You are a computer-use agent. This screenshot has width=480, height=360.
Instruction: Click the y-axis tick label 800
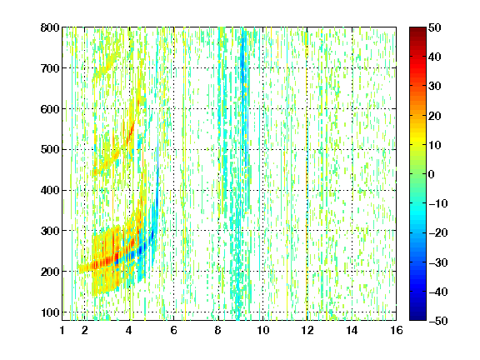point(50,27)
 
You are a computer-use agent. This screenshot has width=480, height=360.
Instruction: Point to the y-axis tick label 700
point(50,68)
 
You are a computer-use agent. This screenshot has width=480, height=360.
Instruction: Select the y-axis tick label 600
point(50,109)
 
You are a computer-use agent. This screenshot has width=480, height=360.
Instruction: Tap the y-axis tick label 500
point(50,150)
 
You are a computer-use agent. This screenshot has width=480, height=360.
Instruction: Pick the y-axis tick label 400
point(50,190)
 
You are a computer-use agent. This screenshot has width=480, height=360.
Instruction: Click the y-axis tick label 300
point(50,231)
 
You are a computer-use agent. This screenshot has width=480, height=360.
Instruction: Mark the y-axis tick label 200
point(50,272)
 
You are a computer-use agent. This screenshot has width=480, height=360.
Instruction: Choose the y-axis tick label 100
point(50,312)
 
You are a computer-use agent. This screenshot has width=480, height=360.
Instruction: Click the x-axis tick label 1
point(62,330)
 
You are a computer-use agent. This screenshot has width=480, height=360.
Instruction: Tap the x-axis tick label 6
point(173,330)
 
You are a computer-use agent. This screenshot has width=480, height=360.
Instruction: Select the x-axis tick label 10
point(263,330)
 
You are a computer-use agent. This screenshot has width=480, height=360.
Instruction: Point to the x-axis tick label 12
point(307,330)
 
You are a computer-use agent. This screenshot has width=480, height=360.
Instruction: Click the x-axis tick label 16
point(397,330)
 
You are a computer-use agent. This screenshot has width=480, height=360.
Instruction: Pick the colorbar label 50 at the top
point(434,27)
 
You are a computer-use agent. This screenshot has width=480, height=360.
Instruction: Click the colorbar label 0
point(432,174)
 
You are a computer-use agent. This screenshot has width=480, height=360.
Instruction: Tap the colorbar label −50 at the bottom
point(437,321)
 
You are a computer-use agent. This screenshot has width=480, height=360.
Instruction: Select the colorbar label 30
point(434,87)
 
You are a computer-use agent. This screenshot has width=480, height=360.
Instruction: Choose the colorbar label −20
point(437,232)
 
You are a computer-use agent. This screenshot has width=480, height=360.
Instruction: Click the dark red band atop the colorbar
point(417,34)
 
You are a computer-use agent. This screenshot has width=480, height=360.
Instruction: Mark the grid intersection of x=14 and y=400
point(352,190)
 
